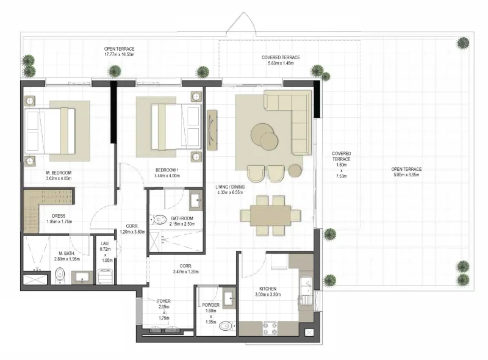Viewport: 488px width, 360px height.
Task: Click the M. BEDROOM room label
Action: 59,173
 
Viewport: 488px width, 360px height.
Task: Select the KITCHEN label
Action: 268,289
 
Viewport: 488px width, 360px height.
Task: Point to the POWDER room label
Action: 210,305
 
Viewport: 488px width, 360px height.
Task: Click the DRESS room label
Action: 59,215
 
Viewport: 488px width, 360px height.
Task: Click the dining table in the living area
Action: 270,215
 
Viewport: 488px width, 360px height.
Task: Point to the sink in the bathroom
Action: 196,200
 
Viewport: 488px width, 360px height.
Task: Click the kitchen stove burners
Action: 270,328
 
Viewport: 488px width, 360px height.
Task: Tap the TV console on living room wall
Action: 212,129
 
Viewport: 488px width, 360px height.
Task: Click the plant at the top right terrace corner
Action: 463,43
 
